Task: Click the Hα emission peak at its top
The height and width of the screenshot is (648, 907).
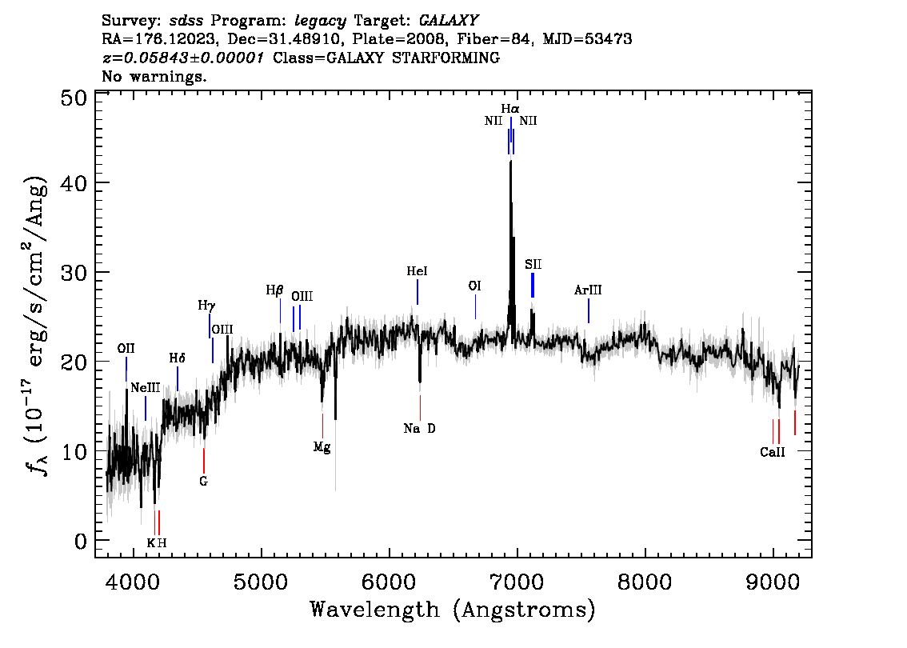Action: pos(510,162)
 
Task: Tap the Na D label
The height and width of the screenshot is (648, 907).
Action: pos(419,429)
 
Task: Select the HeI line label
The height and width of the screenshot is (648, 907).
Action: pos(417,271)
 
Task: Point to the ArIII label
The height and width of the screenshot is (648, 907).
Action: pos(588,290)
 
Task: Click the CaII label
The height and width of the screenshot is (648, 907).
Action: pos(772,452)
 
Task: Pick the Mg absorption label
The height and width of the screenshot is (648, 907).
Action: pos(322,447)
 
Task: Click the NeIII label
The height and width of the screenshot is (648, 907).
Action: pos(146,388)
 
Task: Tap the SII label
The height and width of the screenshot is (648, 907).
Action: pos(533,265)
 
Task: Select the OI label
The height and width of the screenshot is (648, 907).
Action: pos(474,286)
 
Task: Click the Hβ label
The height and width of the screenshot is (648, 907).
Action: pos(275,290)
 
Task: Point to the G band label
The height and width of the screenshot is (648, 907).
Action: pos(204,482)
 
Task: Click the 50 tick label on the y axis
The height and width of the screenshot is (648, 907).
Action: pos(74,98)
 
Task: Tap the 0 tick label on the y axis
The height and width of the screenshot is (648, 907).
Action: pos(81,542)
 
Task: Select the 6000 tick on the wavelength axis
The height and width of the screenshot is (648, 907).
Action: pos(390,582)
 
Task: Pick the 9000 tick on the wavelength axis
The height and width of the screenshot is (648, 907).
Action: pos(773,582)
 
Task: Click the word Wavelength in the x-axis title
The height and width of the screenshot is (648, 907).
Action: pos(374,610)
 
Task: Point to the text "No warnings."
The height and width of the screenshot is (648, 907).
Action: pos(154,76)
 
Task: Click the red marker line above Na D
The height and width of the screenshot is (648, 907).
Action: pos(420,408)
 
